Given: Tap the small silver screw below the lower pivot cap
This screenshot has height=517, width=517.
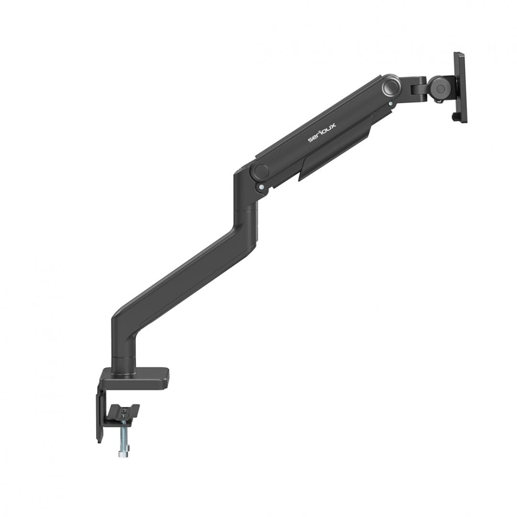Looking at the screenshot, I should (263, 187).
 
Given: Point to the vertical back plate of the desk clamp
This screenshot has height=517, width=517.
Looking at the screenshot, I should (99, 414).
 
